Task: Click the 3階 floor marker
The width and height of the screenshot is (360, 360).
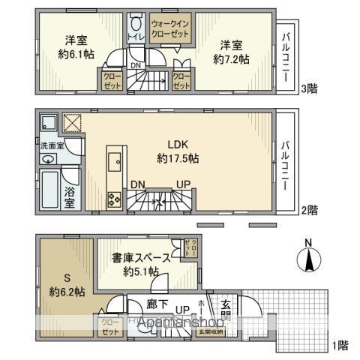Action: (x=310, y=88)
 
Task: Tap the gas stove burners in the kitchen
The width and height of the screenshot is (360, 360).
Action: (x=115, y=199)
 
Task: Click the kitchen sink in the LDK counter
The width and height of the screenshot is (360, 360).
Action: (x=115, y=161)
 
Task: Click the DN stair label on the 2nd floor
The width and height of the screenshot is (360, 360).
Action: (x=138, y=184)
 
